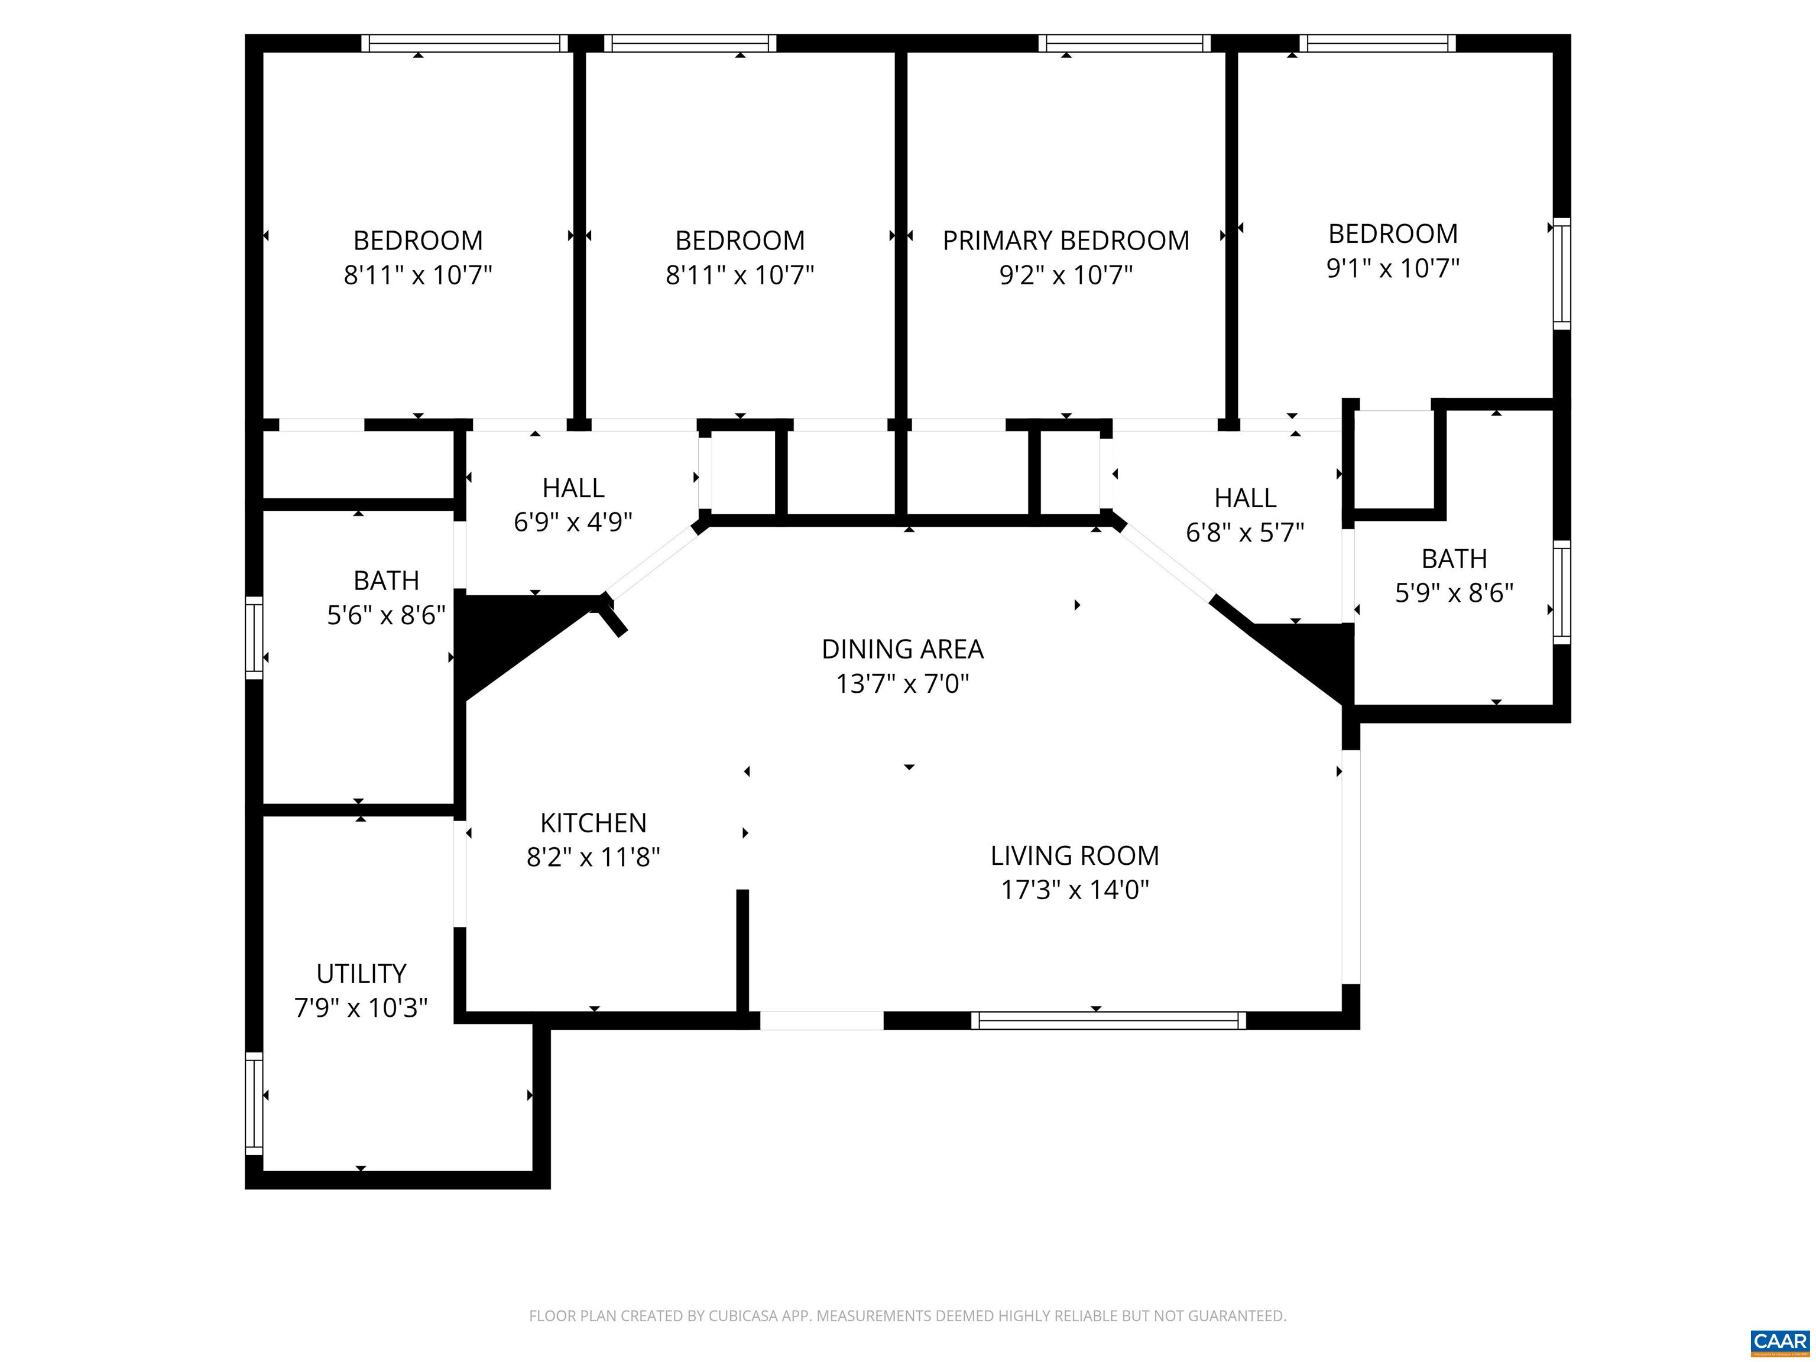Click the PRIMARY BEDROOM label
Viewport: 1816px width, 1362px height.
[x=1066, y=241]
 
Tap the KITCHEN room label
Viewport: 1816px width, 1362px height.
[x=593, y=823]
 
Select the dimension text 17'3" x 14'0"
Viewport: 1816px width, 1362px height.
[x=1075, y=890]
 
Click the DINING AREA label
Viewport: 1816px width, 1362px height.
[x=902, y=650]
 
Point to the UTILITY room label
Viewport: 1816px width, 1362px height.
[x=361, y=974]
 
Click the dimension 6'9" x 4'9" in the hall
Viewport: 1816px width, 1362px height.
[x=573, y=522]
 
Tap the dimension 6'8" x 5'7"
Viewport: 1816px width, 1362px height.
[x=1244, y=533]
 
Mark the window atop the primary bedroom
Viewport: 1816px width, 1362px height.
[x=1124, y=44]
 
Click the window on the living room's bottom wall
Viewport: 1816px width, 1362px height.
[x=1108, y=1020]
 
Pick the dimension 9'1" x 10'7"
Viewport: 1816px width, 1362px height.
[x=1393, y=268]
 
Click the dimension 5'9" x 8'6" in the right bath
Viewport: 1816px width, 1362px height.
[x=1454, y=593]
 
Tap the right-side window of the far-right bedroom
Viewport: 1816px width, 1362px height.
[x=1561, y=273]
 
